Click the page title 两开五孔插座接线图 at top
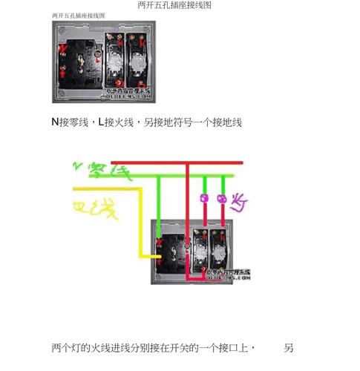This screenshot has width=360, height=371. pos(174,5)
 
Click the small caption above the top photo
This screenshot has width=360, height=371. pos(78,16)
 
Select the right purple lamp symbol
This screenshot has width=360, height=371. pos(222,199)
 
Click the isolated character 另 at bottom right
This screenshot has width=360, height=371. pos(289,347)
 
